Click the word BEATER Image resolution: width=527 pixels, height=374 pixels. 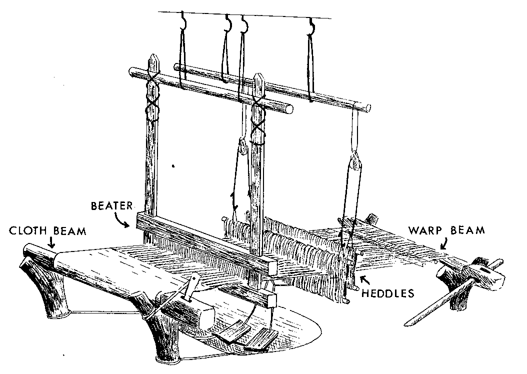coord(111,205)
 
